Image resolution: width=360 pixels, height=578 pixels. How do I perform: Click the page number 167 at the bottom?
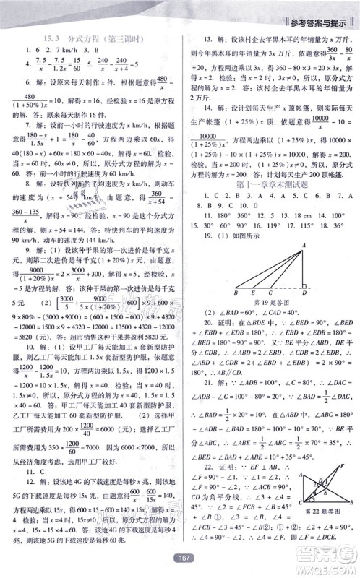(179, 556)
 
